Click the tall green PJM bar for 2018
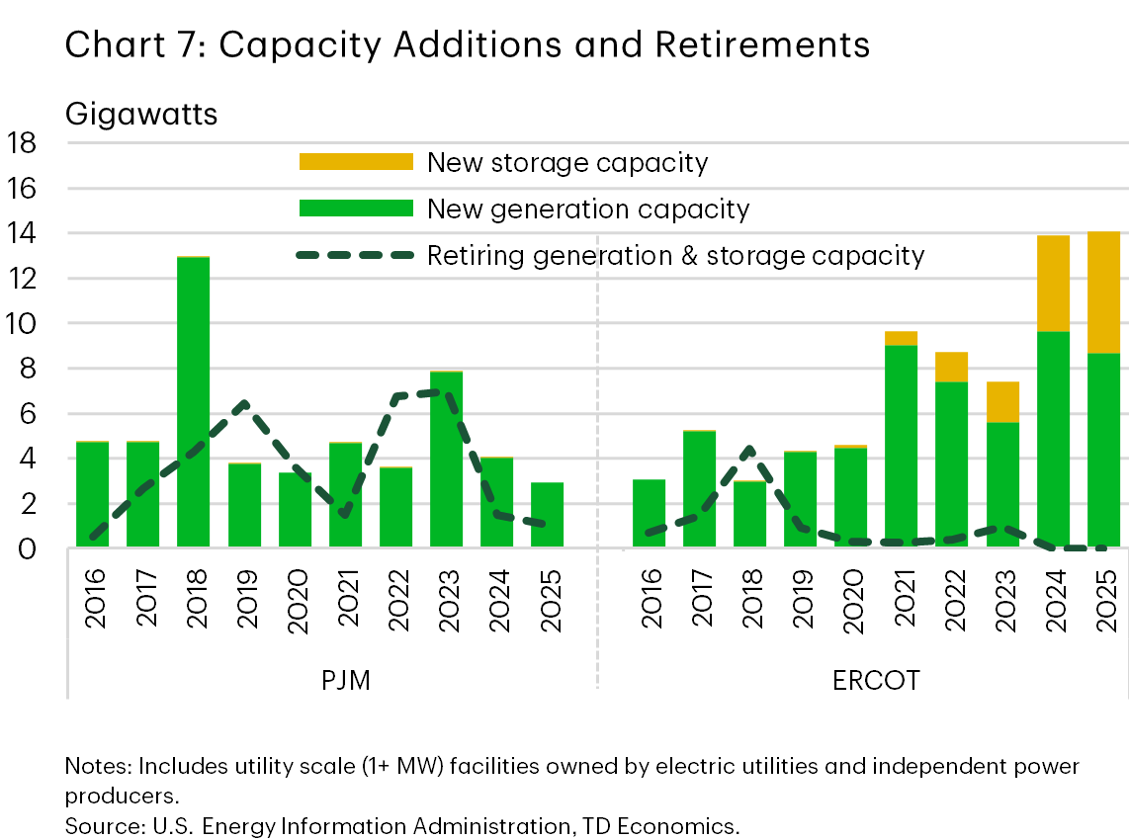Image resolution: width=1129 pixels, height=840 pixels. tap(194, 401)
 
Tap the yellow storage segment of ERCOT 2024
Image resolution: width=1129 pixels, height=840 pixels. tap(1053, 283)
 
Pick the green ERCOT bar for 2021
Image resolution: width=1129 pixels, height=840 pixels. tap(902, 446)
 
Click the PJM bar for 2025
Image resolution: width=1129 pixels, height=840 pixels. tap(548, 515)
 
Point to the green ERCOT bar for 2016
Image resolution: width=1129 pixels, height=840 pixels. tap(649, 513)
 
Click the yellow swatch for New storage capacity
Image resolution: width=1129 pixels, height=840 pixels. tap(355, 162)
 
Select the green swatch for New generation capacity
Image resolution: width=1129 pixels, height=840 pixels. tap(355, 209)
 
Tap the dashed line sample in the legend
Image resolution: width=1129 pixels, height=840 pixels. tap(355, 256)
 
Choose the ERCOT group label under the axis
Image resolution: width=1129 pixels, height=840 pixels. tap(876, 681)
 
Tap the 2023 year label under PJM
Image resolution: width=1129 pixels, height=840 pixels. tap(449, 599)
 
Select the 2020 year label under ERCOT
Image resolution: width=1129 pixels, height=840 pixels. tap(851, 599)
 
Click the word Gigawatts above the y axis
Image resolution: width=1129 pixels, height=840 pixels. tap(141, 114)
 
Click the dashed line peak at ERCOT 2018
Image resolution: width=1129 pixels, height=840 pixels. tap(749, 450)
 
